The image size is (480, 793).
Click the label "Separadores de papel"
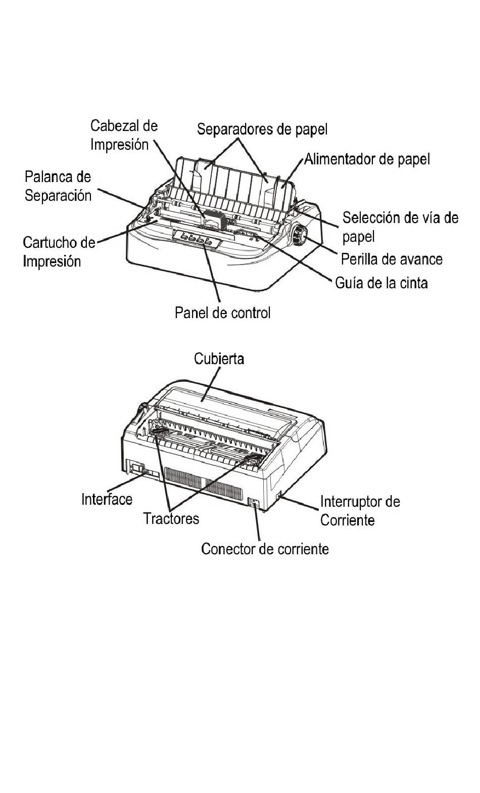pyautogui.click(x=262, y=129)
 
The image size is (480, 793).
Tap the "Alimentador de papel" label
pyautogui.click(x=367, y=159)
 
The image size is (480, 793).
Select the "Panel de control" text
pyautogui.click(x=222, y=313)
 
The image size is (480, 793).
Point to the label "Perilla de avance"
pyautogui.click(x=392, y=259)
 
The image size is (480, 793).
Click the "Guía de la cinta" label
pyautogui.click(x=381, y=283)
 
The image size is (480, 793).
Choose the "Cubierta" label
pyautogui.click(x=219, y=359)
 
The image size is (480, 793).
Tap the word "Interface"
pyautogui.click(x=107, y=499)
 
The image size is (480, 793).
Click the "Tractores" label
pyautogui.click(x=171, y=519)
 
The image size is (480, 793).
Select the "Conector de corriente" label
pyautogui.click(x=265, y=549)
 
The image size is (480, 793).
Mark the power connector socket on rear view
pyautogui.click(x=254, y=503)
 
